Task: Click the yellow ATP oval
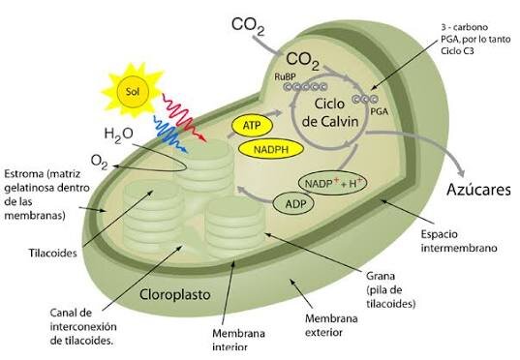(252, 126)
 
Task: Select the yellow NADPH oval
(271, 149)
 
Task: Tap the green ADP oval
(293, 203)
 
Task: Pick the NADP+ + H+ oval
(333, 183)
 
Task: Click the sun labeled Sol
(133, 91)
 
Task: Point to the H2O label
(118, 135)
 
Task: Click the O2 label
(99, 162)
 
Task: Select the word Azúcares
(478, 190)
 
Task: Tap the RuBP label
(285, 76)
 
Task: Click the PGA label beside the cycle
(379, 111)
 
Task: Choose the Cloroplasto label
(174, 294)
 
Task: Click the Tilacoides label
(52, 254)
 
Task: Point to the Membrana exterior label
(331, 325)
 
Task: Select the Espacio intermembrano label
(459, 241)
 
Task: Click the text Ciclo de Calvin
(330, 112)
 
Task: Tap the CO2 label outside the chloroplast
(248, 26)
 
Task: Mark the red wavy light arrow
(183, 117)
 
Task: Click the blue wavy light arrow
(170, 134)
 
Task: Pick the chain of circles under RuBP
(305, 87)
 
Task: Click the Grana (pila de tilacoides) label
(390, 290)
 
